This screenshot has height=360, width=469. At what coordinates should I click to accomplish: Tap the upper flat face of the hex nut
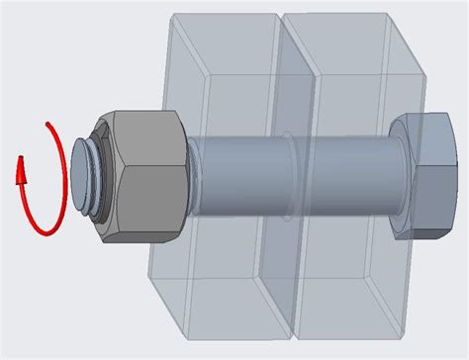coord(143,125)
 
